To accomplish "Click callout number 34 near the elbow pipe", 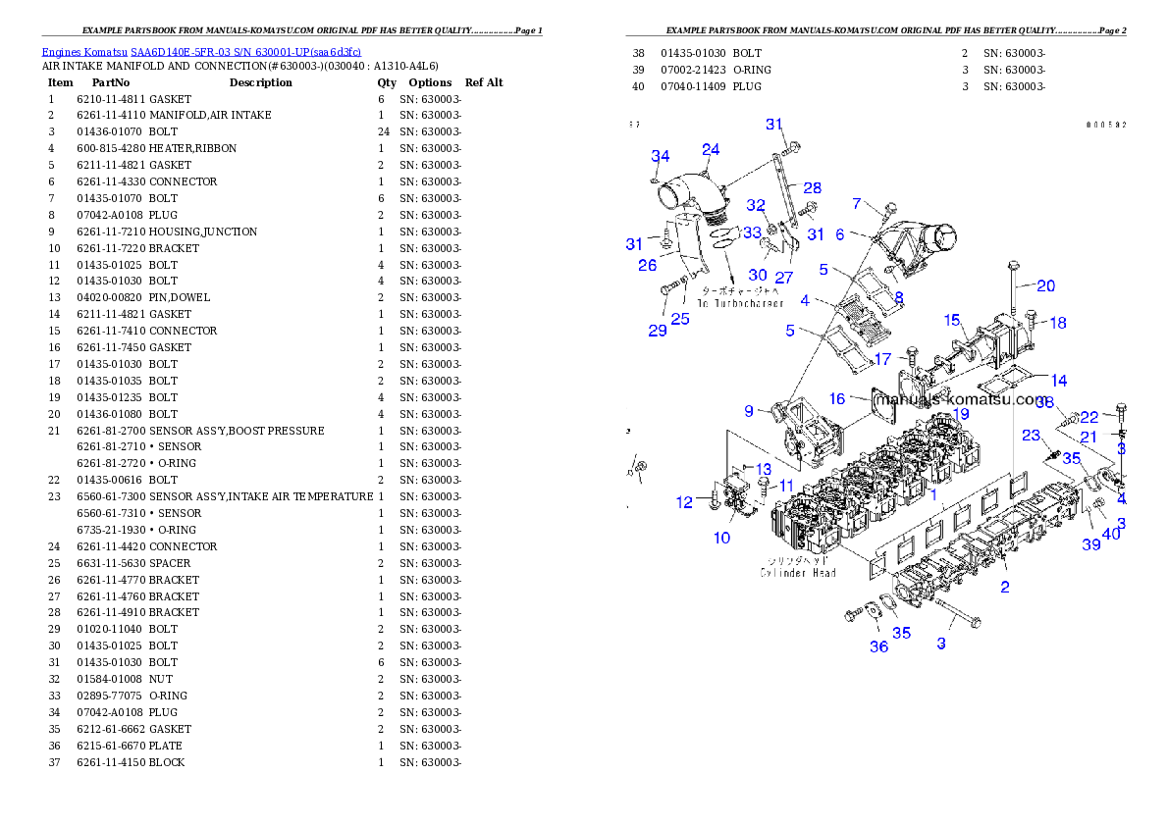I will (661, 157).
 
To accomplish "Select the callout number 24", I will (711, 149).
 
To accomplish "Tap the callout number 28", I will (812, 187).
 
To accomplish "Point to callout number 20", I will (1046, 285).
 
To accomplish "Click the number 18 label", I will (1057, 323).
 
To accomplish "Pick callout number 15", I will (952, 321).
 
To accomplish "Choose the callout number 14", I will (1058, 381).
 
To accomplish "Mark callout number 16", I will (837, 398).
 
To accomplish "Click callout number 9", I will (749, 411).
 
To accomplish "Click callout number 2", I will (1004, 588).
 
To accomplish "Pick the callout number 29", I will (658, 331).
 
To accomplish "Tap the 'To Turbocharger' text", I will (740, 304).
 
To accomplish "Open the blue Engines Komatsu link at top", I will (201, 51).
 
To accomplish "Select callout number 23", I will (1031, 435).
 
